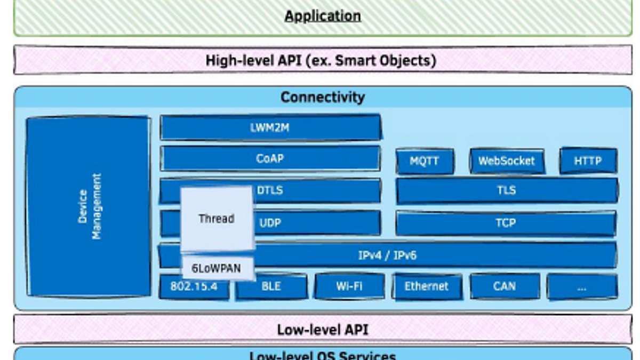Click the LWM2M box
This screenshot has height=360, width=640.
tap(270, 128)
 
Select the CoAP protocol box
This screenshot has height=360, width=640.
tap(270, 158)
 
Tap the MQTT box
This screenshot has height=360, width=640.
tap(425, 161)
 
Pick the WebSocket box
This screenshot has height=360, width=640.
tap(507, 161)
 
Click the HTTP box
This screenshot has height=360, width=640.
tap(588, 161)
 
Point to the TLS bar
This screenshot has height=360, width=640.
tap(507, 190)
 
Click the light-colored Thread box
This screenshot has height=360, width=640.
tap(217, 219)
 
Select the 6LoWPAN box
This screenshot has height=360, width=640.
tap(217, 268)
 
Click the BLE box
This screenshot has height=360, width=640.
tap(271, 287)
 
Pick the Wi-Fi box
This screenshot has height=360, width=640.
tap(349, 286)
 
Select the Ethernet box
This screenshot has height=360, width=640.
tap(427, 286)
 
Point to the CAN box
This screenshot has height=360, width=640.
tap(505, 286)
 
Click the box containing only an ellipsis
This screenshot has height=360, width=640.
tap(582, 287)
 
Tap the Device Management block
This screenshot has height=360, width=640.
tap(89, 206)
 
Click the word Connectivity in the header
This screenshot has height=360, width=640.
tap(323, 97)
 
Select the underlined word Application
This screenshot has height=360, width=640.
tap(323, 16)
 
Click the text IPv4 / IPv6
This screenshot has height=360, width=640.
tap(388, 255)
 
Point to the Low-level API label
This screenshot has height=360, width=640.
tap(323, 330)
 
